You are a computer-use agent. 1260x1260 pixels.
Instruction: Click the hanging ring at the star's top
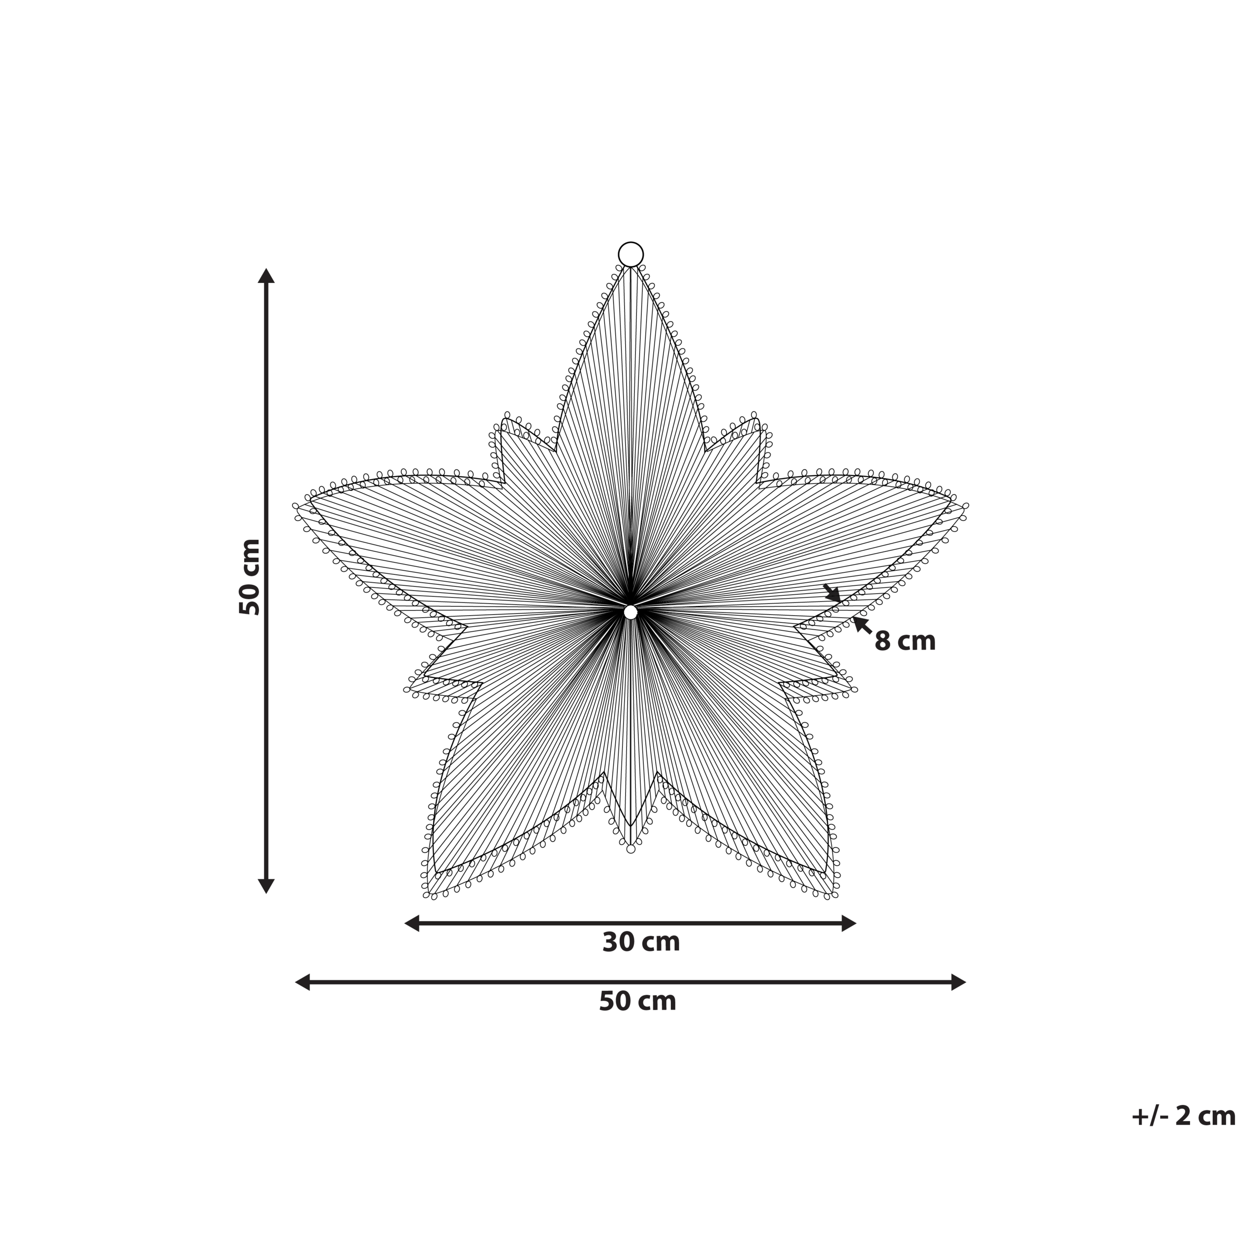pyautogui.click(x=630, y=243)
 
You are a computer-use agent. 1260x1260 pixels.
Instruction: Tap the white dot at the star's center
pyautogui.click(x=630, y=612)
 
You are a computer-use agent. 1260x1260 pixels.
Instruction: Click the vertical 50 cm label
pyautogui.click(x=250, y=577)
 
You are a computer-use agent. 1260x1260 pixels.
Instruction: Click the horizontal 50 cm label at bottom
pyautogui.click(x=637, y=1001)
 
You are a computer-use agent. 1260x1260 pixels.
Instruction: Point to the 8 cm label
pyautogui.click(x=905, y=641)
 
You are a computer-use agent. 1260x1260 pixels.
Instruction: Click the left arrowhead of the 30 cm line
pyautogui.click(x=411, y=923)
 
